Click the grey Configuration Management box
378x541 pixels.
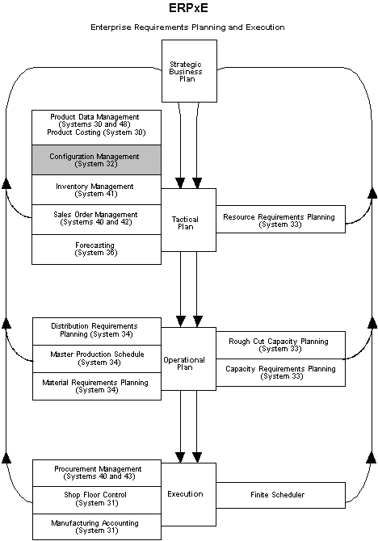pyautogui.click(x=95, y=160)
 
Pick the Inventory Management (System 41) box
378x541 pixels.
pyautogui.click(x=95, y=190)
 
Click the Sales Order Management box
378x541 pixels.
pyautogui.click(x=95, y=219)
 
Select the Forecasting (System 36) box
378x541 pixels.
pyautogui.click(x=95, y=249)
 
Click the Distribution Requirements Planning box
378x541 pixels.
pyautogui.click(x=95, y=329)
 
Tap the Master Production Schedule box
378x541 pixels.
pyautogui.click(x=95, y=358)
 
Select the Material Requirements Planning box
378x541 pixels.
pyautogui.click(x=95, y=386)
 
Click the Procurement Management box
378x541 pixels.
pyautogui.click(x=95, y=472)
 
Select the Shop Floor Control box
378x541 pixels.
pyautogui.click(x=95, y=500)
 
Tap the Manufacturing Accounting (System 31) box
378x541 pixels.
pyautogui.click(x=95, y=526)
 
